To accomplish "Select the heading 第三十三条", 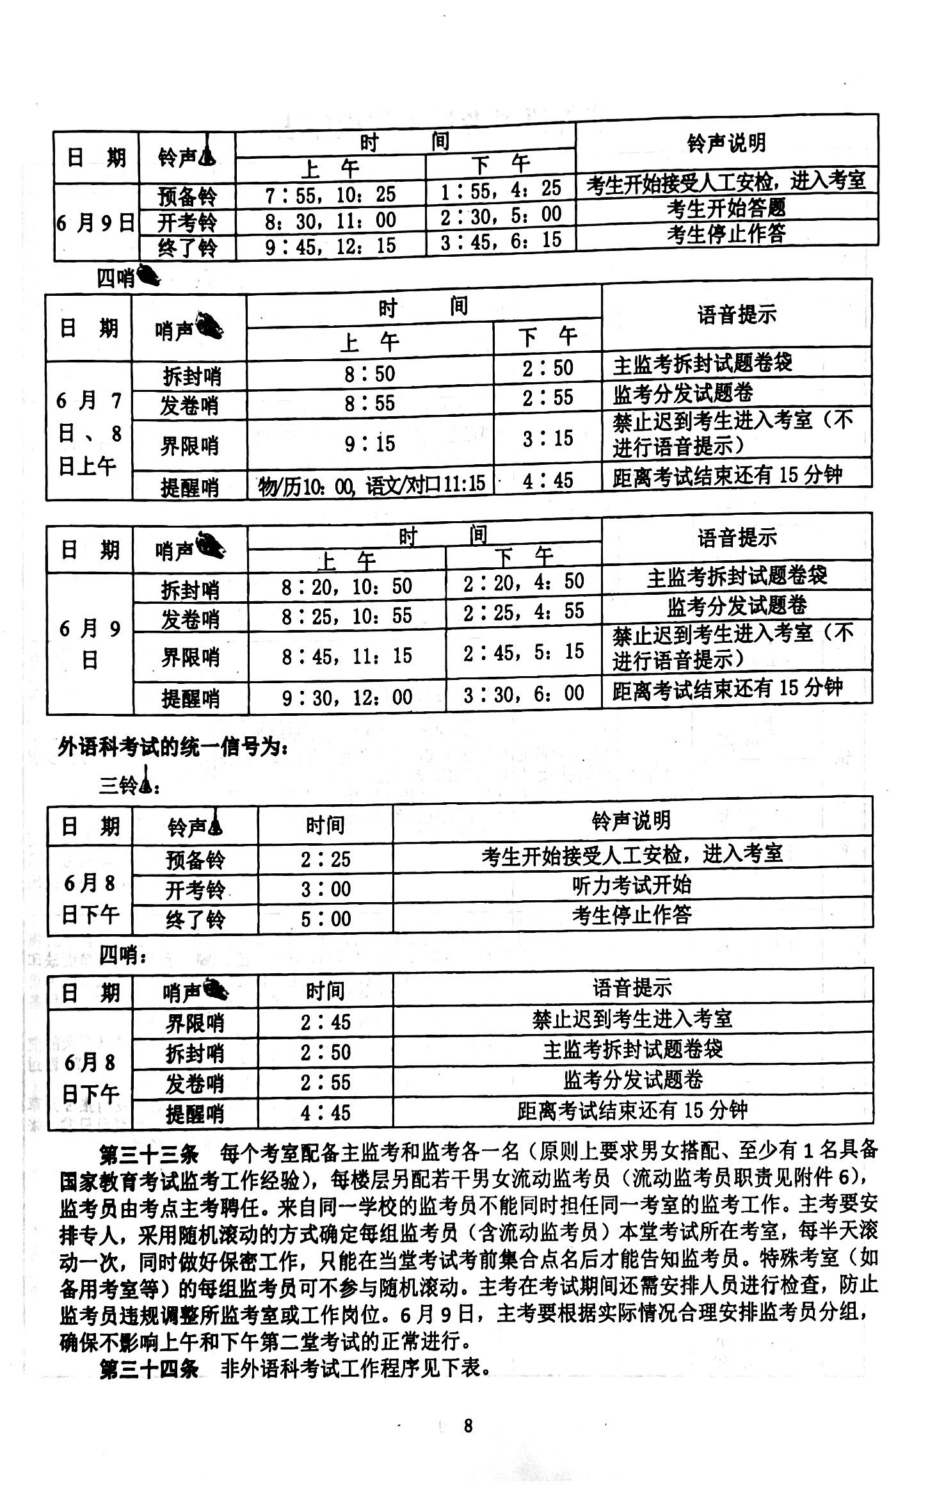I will (149, 1151).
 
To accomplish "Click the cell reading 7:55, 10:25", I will (330, 194).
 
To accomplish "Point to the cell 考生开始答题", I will (726, 208).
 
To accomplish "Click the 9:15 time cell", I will (369, 443).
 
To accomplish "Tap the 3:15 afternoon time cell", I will (547, 439).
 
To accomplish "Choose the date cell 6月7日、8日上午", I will (89, 433).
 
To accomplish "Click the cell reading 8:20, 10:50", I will (346, 586).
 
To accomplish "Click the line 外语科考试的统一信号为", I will (173, 747).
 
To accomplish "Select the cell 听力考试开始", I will (632, 886).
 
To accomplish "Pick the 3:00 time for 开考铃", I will (325, 889).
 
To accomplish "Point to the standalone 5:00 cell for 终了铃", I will (325, 919).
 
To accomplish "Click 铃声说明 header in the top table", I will (726, 143).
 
